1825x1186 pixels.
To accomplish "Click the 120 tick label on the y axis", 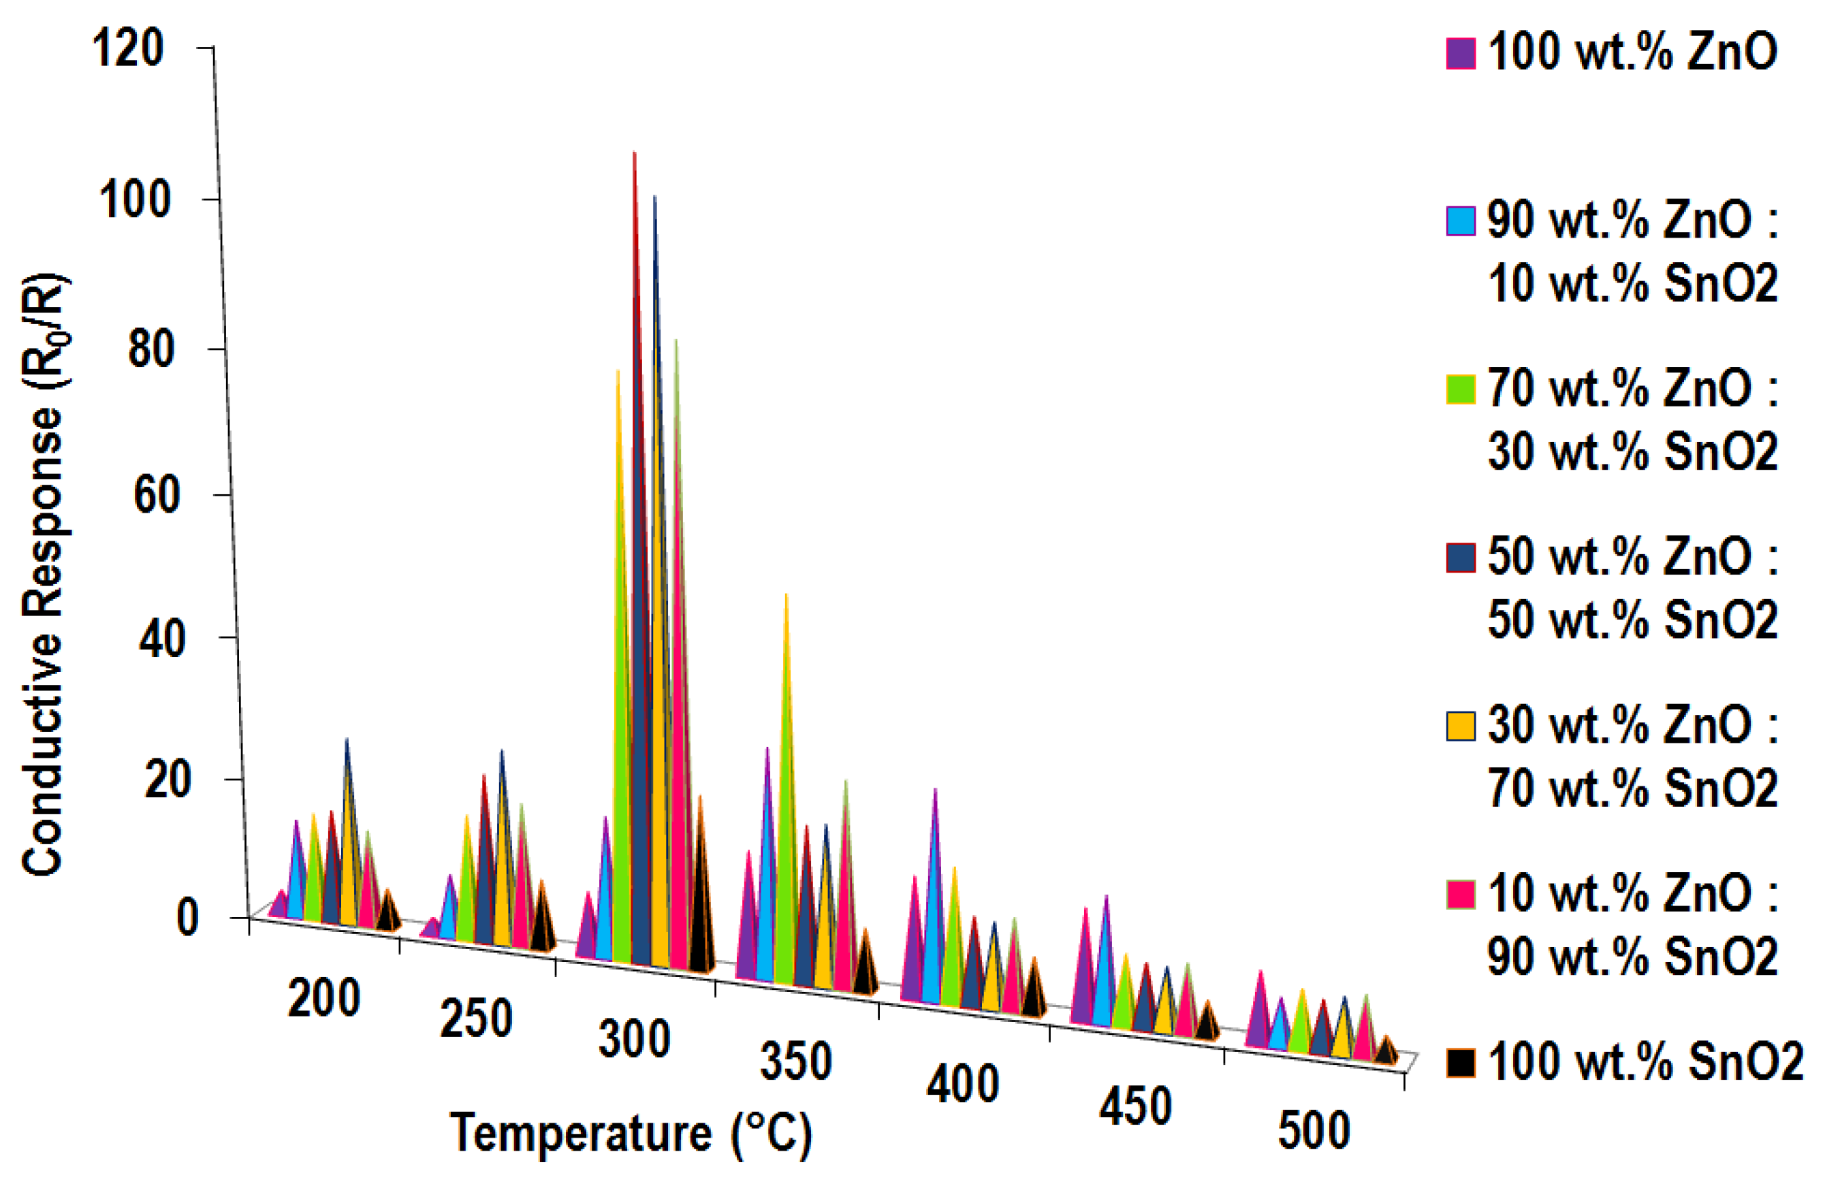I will pyautogui.click(x=127, y=48).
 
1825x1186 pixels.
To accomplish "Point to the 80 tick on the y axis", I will pyautogui.click(x=151, y=348).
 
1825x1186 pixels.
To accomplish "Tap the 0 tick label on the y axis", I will pyautogui.click(x=187, y=917).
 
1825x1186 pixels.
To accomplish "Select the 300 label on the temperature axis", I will pyautogui.click(x=634, y=1040).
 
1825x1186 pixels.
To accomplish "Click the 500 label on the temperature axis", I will pyautogui.click(x=1314, y=1131).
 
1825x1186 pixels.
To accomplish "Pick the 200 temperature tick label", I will pyautogui.click(x=323, y=998).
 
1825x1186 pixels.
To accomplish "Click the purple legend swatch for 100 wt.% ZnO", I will pyautogui.click(x=1460, y=54).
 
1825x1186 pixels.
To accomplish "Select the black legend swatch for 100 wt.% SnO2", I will pyautogui.click(x=1460, y=1063).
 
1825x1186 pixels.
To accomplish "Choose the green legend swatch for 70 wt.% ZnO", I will pyautogui.click(x=1460, y=389).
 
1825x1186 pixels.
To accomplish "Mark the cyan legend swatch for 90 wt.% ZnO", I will pyautogui.click(x=1460, y=221).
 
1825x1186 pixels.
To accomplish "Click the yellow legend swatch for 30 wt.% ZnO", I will pyautogui.click(x=1460, y=726).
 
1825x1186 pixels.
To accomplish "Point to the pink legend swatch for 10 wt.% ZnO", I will pyautogui.click(x=1460, y=894).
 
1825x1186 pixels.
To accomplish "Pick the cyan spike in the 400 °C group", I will pyautogui.click(x=932, y=920).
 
